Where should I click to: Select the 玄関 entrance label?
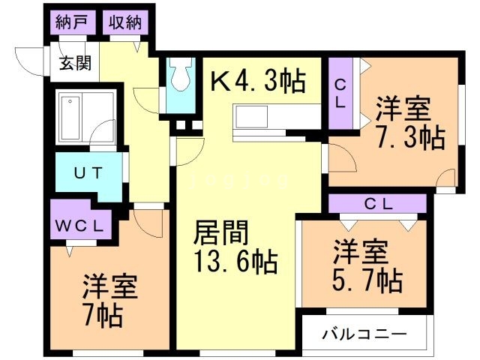pos(76,63)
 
